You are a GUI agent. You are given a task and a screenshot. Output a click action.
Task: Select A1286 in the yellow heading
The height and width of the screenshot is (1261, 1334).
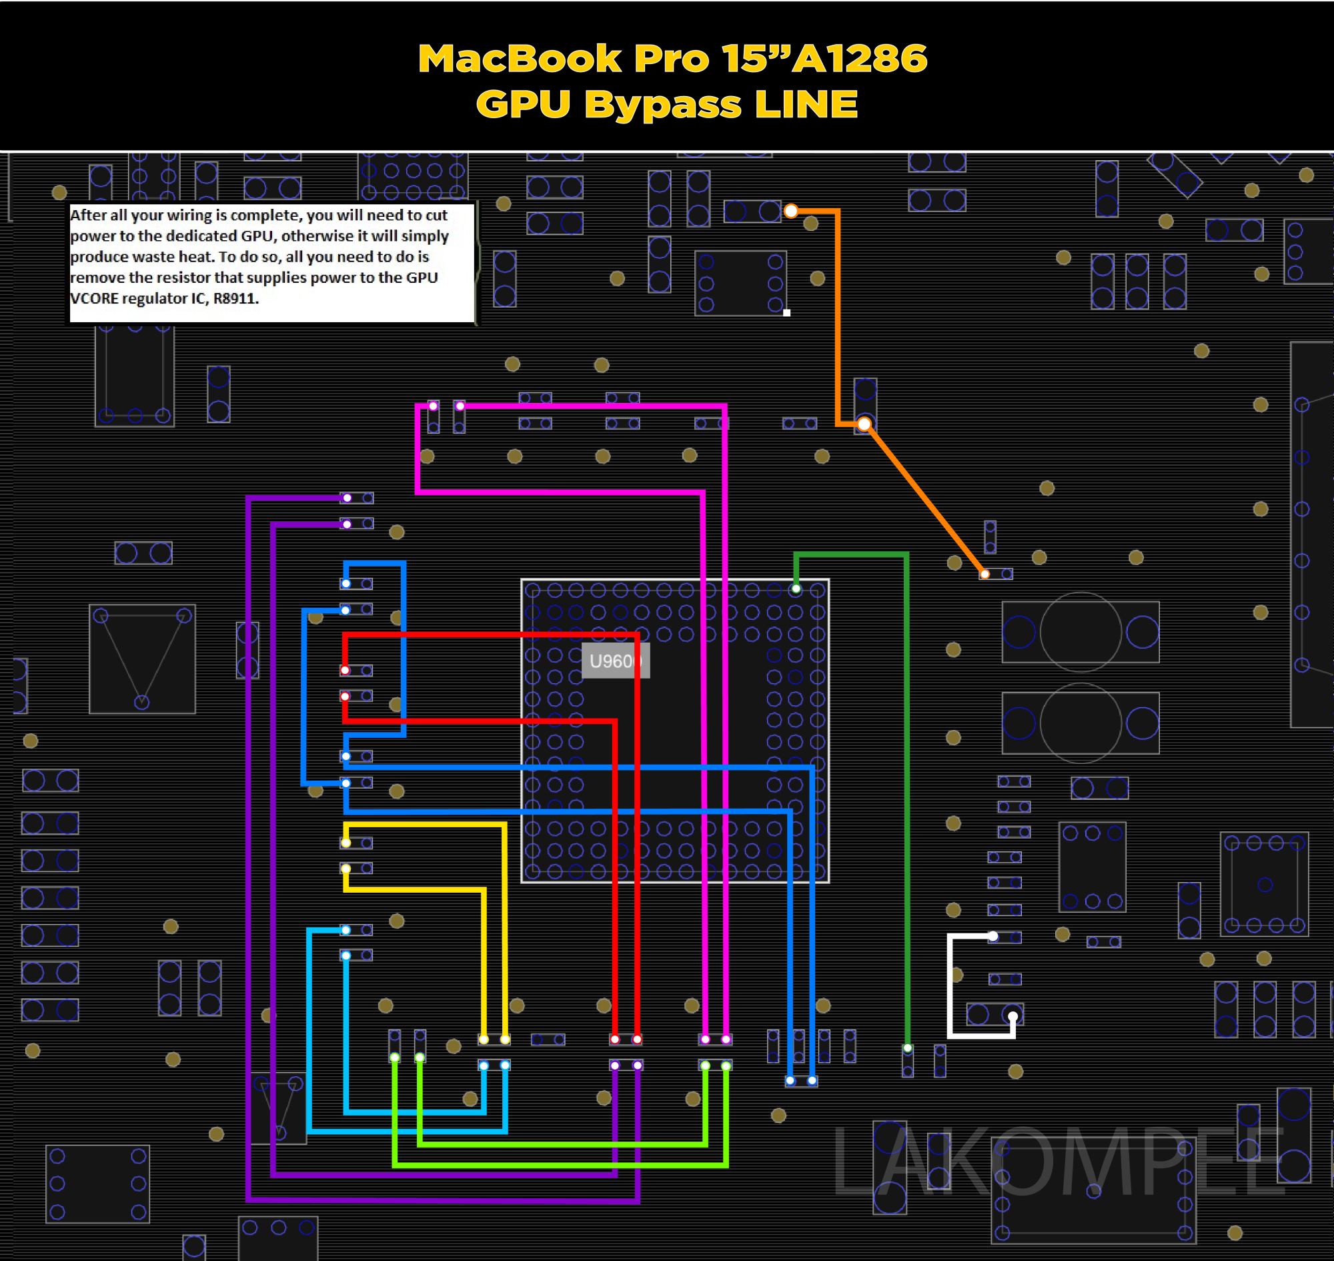tap(860, 59)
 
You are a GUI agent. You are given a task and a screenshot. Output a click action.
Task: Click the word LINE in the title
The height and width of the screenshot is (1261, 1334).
tap(806, 105)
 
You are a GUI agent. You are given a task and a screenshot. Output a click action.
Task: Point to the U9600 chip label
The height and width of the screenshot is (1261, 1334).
tap(615, 661)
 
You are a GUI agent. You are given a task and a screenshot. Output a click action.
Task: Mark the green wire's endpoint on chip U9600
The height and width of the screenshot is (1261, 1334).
tap(796, 589)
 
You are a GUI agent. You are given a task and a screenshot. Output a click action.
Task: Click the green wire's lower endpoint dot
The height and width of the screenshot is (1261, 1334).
tap(907, 1048)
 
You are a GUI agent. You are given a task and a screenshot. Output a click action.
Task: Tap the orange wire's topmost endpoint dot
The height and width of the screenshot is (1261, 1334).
tap(791, 211)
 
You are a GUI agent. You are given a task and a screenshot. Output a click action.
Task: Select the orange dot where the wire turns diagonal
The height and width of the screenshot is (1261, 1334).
tap(864, 424)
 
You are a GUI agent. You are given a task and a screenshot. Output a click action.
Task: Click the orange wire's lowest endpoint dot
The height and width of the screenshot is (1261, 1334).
tap(984, 574)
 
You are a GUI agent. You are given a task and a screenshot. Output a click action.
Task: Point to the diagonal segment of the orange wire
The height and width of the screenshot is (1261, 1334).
tap(924, 499)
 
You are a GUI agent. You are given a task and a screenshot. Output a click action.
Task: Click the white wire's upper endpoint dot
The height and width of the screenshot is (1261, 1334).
tap(992, 935)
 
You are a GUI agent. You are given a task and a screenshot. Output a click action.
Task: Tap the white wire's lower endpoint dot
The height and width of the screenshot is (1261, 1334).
tap(1013, 1015)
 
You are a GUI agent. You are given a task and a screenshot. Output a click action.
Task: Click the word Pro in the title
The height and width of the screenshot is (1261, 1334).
tap(672, 59)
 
